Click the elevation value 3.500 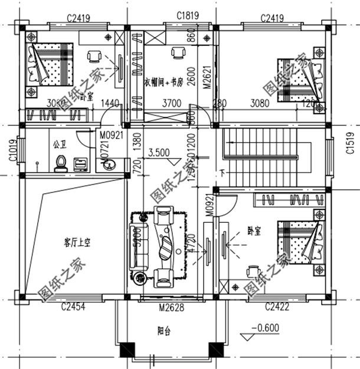(x=159, y=152)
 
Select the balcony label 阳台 (x=164, y=332)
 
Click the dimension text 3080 (x=259, y=104)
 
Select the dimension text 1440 (x=110, y=104)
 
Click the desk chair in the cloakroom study (x=177, y=54)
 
